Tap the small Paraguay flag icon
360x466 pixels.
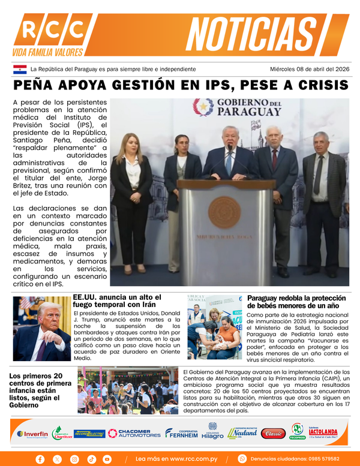click(20, 70)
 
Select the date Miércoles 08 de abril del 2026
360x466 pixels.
click(309, 70)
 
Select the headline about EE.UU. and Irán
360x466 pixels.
click(117, 301)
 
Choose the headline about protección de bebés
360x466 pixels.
click(296, 302)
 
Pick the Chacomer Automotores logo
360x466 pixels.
click(134, 433)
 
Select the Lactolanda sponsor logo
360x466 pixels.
click(323, 432)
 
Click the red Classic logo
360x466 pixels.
click(273, 433)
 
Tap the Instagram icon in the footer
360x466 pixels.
click(74, 459)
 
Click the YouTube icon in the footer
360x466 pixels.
click(107, 459)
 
